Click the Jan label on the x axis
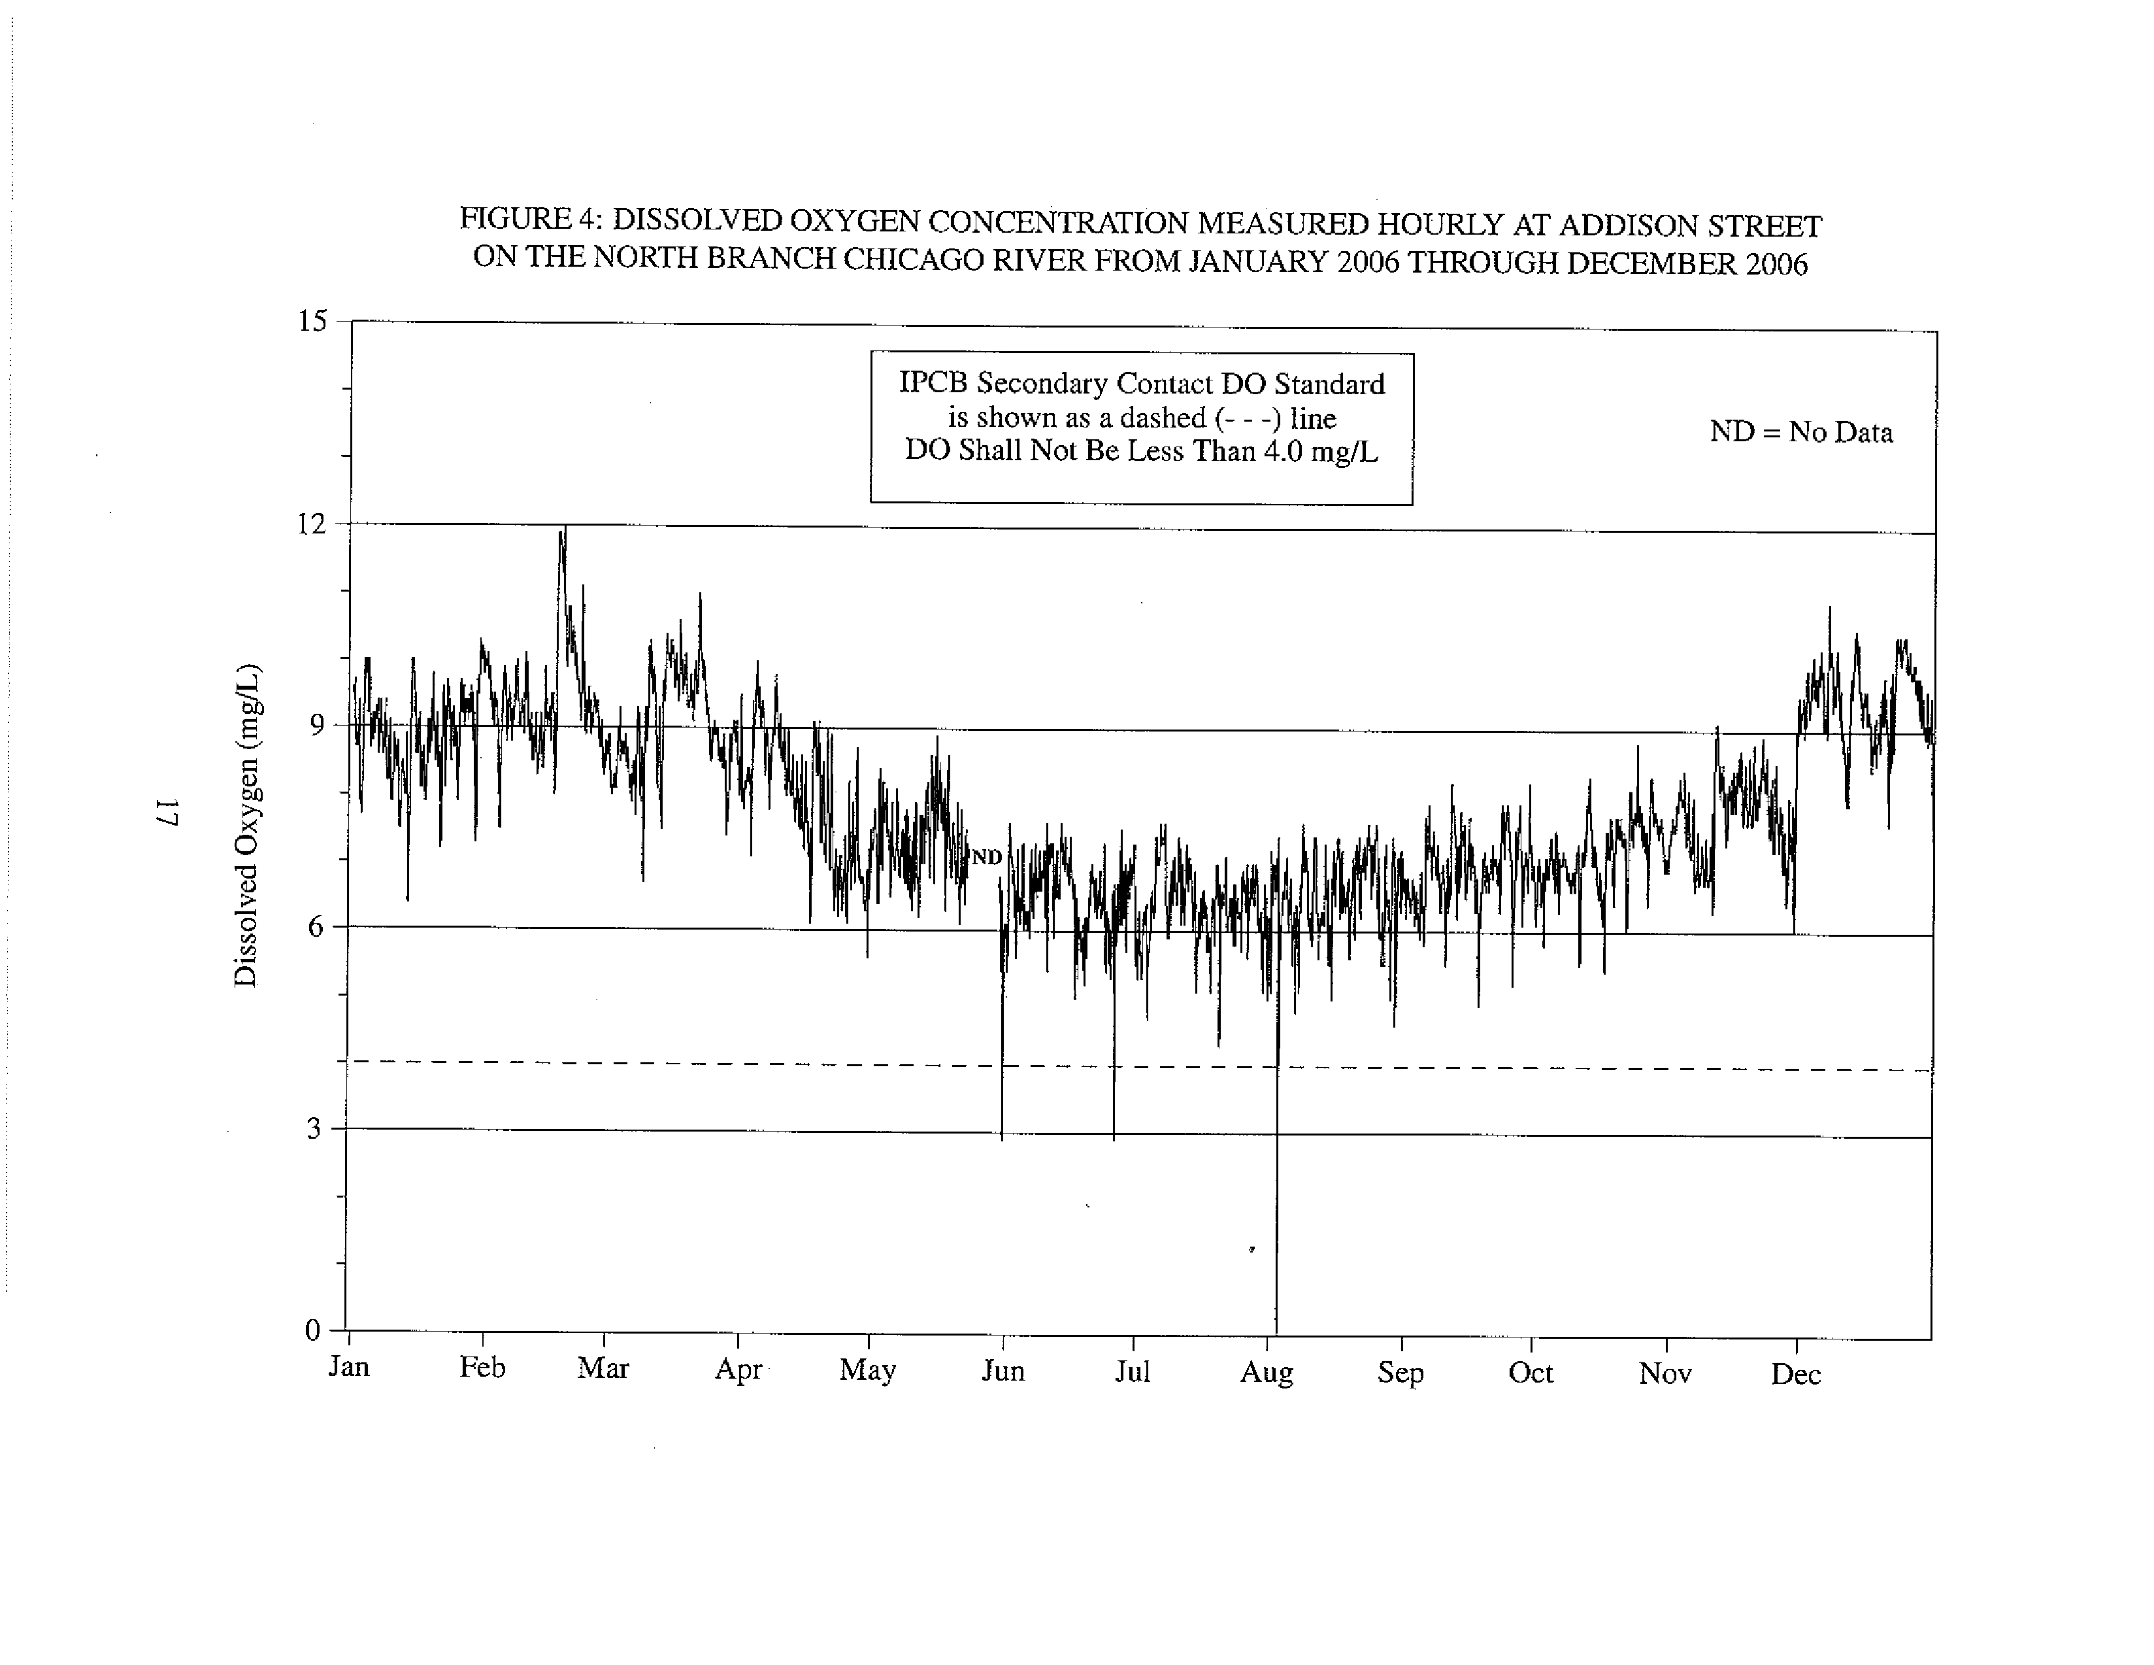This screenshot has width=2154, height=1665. pos(348,1366)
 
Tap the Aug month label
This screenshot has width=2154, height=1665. pos(1267,1372)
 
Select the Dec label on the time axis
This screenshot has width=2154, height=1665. pos(1795,1374)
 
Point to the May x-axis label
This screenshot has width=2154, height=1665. pos(867,1370)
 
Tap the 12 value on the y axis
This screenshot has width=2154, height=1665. pos(312,523)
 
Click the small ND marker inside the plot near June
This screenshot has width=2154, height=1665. pos(986,857)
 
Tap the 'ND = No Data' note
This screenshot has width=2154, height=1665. pos(1801,432)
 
